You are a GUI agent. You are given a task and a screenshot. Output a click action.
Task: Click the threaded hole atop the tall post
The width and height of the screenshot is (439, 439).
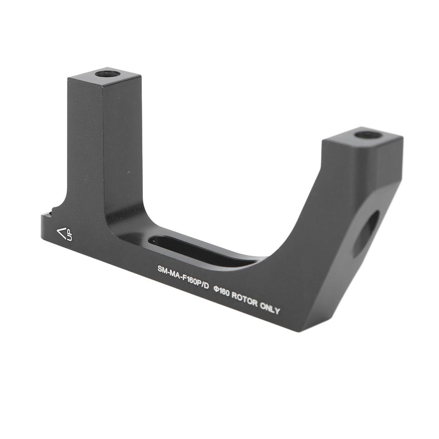point(108,74)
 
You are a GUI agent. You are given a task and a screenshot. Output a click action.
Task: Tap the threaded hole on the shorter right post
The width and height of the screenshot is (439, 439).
point(368,135)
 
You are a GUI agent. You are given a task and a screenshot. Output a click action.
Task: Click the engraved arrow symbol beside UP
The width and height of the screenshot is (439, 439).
point(63,233)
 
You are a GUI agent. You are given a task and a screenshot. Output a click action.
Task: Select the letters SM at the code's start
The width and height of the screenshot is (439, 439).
point(162,270)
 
